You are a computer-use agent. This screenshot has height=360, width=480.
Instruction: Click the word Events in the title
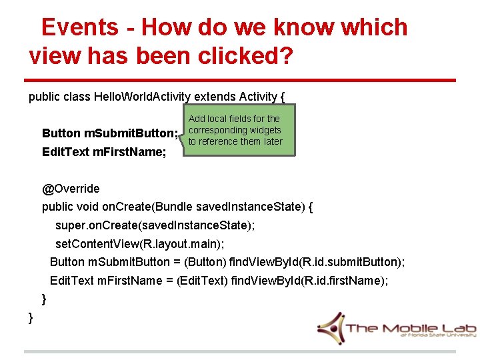[79, 27]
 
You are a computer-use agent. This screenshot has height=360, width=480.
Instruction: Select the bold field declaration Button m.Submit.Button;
[110, 133]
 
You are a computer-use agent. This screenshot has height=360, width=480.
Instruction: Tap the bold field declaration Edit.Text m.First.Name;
[104, 152]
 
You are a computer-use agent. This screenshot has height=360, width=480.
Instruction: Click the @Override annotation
[71, 189]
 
